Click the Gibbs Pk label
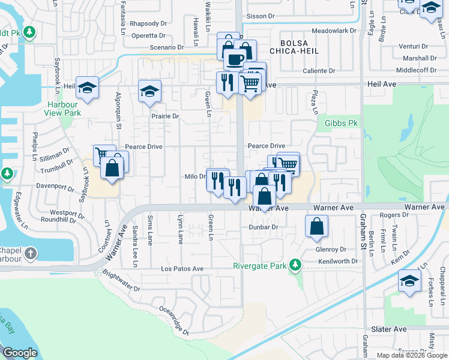coord(341,123)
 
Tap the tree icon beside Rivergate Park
coord(295,264)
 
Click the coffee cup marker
coord(234,59)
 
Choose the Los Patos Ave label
coord(182,269)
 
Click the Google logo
coord(20,353)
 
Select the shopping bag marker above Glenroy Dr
coord(317,226)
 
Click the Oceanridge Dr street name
coord(174,320)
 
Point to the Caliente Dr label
coord(319,71)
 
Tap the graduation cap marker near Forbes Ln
coord(409,280)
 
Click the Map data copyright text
coord(412,355)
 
